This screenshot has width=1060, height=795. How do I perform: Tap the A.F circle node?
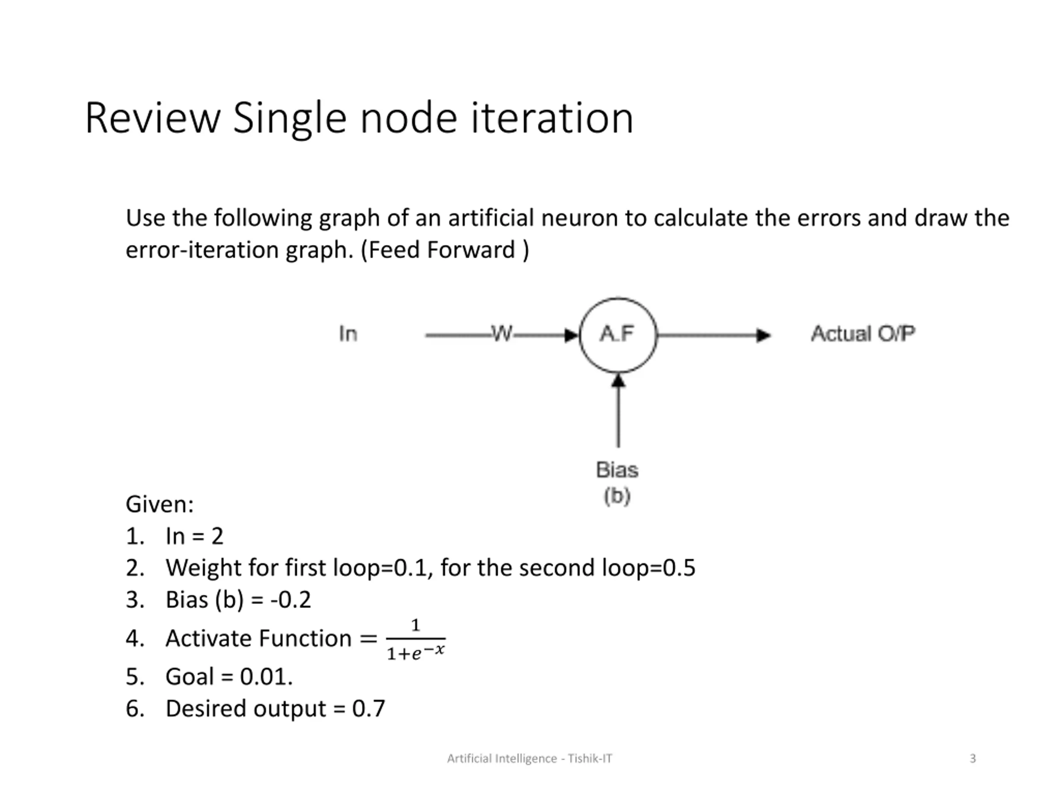click(x=618, y=335)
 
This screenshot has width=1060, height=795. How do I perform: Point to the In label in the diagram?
click(x=348, y=334)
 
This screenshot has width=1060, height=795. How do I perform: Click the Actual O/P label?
click(x=862, y=334)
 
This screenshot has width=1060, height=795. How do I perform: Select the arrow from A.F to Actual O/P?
click(x=714, y=335)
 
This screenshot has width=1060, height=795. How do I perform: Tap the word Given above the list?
click(x=159, y=505)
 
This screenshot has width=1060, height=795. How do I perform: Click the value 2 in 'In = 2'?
click(x=217, y=536)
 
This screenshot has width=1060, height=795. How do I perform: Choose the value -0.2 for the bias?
click(x=291, y=600)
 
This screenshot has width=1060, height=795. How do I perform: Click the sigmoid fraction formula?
click(x=415, y=639)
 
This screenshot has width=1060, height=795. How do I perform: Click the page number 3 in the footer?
click(x=972, y=759)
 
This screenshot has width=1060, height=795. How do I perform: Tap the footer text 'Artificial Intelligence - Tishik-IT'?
click(x=530, y=759)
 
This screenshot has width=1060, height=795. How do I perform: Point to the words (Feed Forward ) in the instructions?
click(x=445, y=250)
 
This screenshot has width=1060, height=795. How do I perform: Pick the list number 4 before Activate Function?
click(x=135, y=639)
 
